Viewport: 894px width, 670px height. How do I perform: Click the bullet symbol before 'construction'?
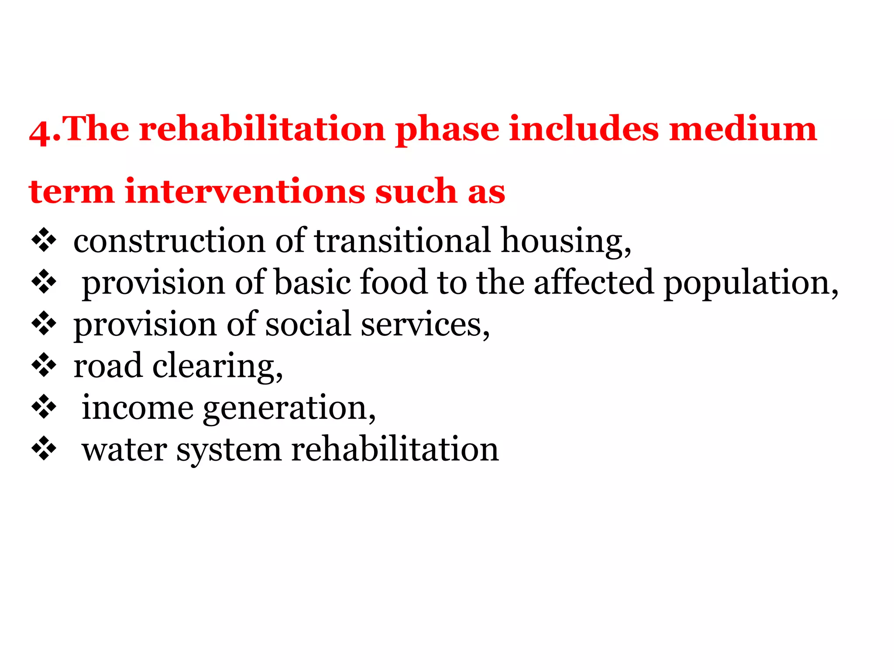coord(44,240)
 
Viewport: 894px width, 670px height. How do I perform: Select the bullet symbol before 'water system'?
coord(44,449)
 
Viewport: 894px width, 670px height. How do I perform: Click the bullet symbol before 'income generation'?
coord(44,407)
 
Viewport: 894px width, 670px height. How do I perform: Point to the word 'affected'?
coord(594,282)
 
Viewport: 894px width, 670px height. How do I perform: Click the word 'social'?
coord(308,324)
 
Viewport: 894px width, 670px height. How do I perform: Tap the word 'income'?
coord(138,407)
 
